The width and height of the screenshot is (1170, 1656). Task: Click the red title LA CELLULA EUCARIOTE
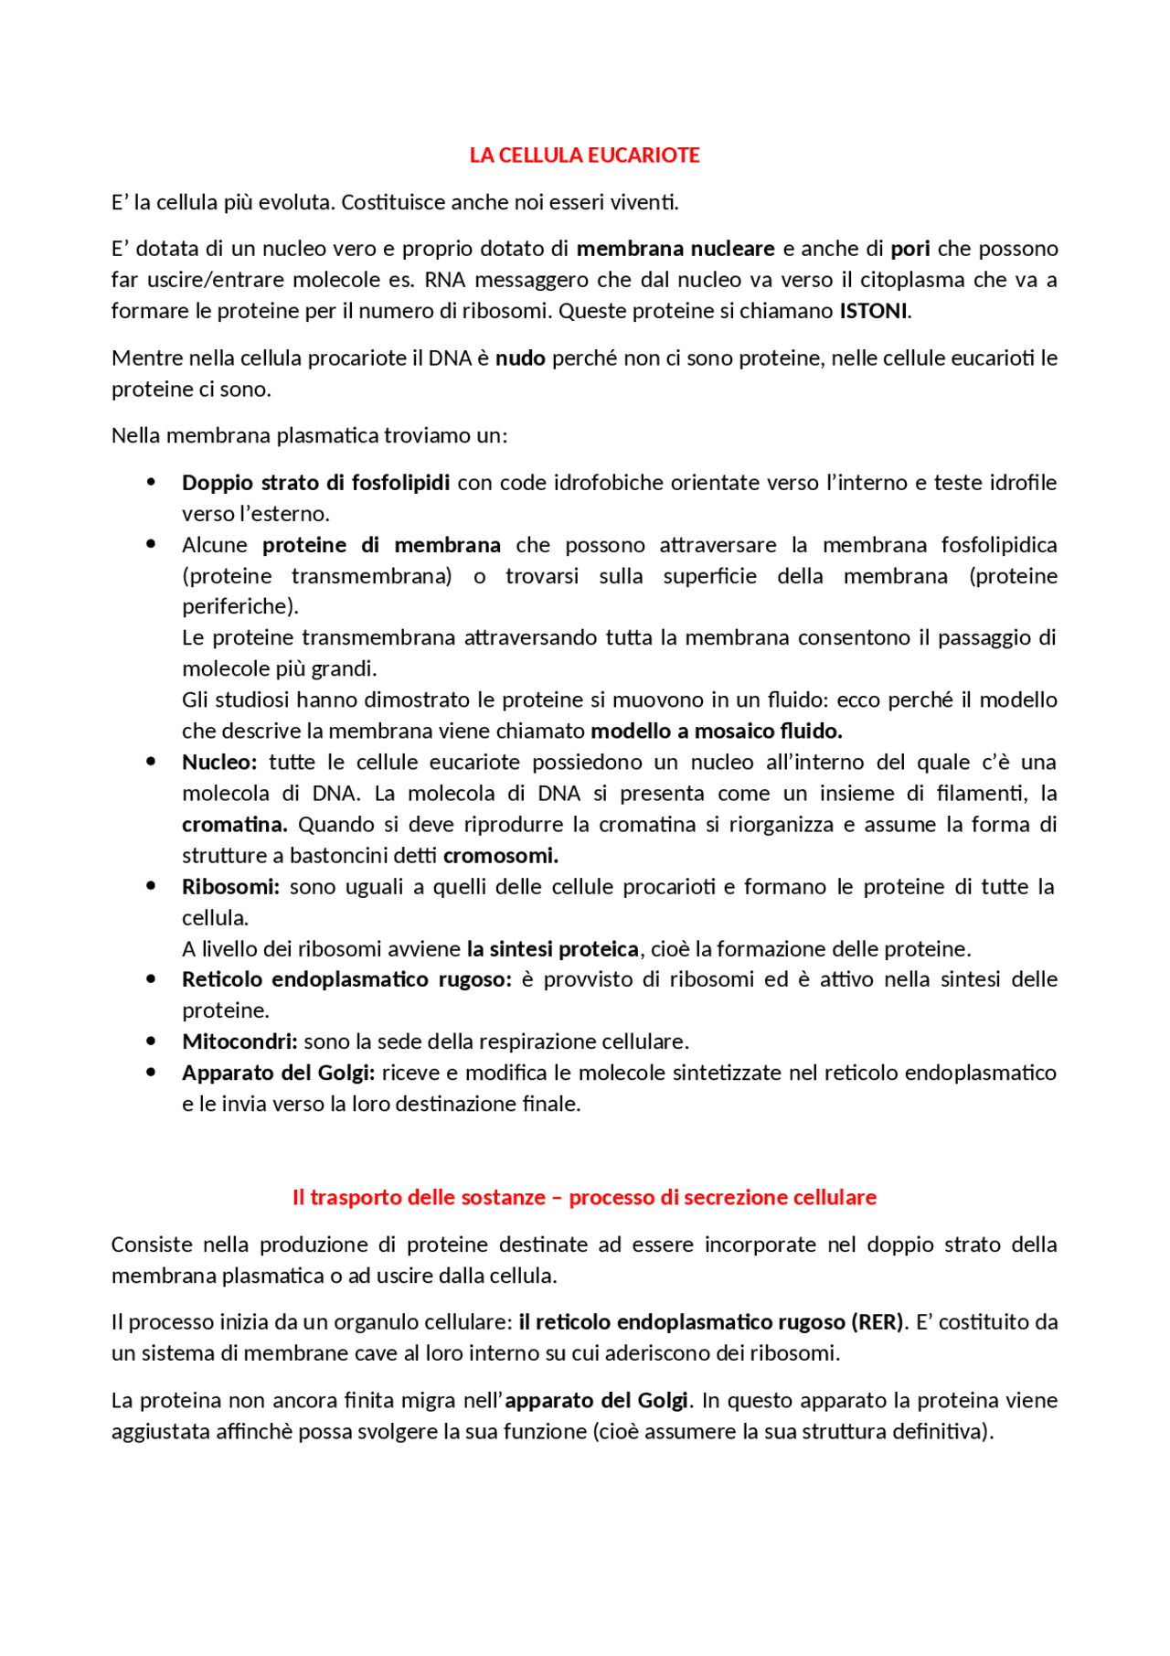click(x=584, y=155)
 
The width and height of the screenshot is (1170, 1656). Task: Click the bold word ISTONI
click(x=874, y=311)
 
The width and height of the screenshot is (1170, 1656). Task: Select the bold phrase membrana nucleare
click(x=675, y=249)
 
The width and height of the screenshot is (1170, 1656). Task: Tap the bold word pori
click(x=910, y=249)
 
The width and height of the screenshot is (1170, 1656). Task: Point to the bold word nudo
click(x=520, y=358)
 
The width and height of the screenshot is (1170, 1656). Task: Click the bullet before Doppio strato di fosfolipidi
click(x=151, y=482)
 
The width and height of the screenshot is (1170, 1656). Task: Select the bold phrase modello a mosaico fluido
click(x=716, y=731)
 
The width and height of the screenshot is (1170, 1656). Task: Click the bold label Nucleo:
click(x=219, y=762)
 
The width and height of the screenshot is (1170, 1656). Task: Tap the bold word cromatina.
click(x=234, y=824)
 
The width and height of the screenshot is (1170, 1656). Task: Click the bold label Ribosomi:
click(x=230, y=886)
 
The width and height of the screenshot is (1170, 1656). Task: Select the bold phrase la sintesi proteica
click(x=552, y=948)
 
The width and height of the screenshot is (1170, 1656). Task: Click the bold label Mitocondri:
click(x=239, y=1042)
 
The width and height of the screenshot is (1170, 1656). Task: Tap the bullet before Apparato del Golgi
click(x=151, y=1072)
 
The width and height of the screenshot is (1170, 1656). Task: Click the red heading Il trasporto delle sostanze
click(x=419, y=1197)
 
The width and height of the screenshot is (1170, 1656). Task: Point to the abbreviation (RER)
click(x=877, y=1321)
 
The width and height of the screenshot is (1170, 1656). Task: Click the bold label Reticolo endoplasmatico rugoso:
click(x=346, y=979)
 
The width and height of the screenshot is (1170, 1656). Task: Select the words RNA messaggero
click(x=487, y=280)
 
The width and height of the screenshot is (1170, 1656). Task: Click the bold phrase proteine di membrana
click(x=381, y=545)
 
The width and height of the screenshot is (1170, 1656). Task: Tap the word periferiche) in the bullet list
click(x=239, y=606)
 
